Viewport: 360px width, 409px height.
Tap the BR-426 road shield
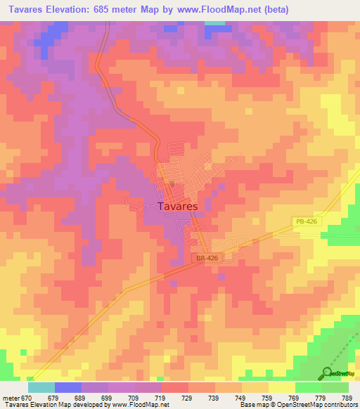[x=202, y=259]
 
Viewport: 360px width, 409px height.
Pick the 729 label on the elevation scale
[x=188, y=397]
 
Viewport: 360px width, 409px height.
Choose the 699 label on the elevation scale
[x=108, y=397]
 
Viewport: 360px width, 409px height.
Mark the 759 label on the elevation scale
[x=268, y=397]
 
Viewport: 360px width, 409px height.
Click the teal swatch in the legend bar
[x=41, y=387]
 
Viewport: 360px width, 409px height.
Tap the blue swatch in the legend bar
[x=68, y=387]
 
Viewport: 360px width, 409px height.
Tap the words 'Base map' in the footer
[x=250, y=405]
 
